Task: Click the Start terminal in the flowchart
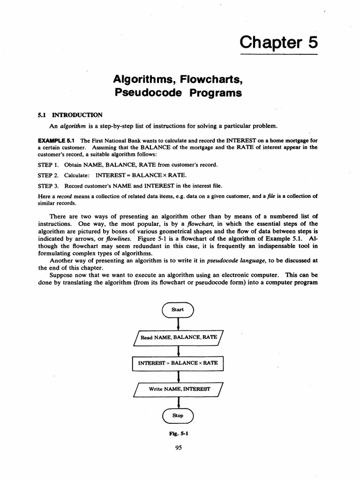(x=178, y=309)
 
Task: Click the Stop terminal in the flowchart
(x=178, y=415)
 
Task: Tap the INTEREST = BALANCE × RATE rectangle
(x=178, y=363)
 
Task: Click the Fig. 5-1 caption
(x=178, y=434)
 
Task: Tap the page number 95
(x=178, y=448)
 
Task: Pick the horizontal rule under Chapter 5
(x=279, y=55)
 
